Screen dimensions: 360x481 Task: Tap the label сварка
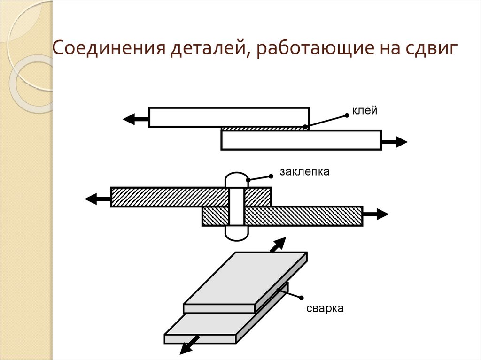point(326,308)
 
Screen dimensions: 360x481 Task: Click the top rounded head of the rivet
point(237,180)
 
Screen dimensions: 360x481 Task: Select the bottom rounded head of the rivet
point(237,233)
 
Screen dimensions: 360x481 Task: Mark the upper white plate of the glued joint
point(229,117)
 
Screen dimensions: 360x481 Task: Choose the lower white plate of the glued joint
point(301,140)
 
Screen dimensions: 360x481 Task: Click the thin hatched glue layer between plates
point(263,128)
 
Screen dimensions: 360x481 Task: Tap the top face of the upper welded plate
point(244,279)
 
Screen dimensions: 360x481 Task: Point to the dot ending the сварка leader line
point(301,297)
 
